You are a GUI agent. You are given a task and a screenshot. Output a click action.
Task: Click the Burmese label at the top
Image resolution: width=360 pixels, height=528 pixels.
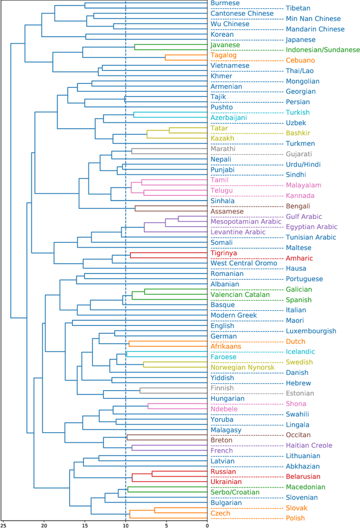click(225, 3)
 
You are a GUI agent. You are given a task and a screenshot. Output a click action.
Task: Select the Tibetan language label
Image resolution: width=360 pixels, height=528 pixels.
click(299, 8)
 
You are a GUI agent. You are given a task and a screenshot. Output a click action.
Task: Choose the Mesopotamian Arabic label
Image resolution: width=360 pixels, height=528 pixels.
click(246, 222)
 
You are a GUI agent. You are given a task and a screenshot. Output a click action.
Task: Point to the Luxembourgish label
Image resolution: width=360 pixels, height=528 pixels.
click(311, 331)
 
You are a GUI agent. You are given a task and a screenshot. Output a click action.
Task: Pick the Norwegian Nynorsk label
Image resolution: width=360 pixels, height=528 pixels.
click(242, 368)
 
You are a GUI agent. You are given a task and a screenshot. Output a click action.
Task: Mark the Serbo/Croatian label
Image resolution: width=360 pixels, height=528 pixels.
click(235, 492)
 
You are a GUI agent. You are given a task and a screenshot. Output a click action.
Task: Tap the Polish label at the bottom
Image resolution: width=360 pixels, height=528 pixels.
click(295, 518)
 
